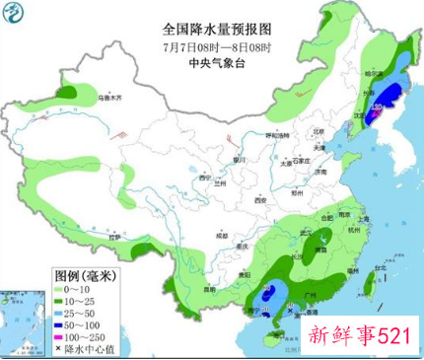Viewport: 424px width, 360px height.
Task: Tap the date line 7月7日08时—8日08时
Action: point(212,46)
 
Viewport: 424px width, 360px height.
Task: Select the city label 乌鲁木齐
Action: point(108,99)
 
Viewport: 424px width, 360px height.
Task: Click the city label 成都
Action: point(210,237)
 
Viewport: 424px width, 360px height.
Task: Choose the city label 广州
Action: point(314,295)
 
